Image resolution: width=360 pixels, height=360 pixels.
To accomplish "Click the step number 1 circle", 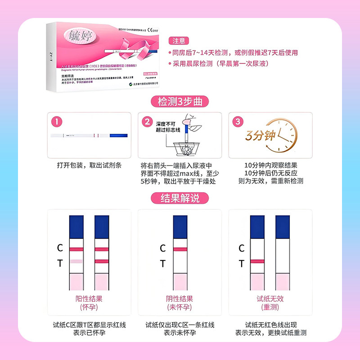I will coord(56,122).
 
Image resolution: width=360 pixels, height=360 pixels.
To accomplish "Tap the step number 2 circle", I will coord(147,122).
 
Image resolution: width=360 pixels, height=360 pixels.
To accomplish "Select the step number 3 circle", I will coord(239,122).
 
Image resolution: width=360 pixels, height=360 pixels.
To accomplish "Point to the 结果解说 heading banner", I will coord(180,198).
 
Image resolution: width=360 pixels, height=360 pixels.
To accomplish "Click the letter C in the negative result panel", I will coord(163,248).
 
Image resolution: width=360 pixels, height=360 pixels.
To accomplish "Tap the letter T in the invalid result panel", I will coord(241,264).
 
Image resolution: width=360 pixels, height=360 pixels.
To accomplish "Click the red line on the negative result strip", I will coord(180,248).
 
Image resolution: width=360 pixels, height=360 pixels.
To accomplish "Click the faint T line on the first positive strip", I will coord(76,261).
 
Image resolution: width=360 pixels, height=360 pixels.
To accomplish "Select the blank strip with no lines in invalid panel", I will coord(283,256).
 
